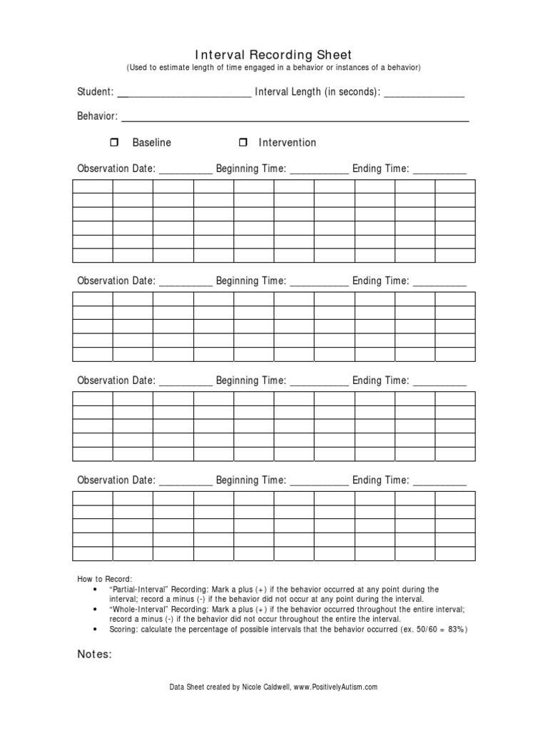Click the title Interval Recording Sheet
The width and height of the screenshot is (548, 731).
273,55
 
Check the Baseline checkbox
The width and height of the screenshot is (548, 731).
113,143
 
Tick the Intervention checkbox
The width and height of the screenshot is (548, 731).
243,143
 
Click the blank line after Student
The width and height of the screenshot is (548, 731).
183,93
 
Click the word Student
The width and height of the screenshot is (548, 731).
94,92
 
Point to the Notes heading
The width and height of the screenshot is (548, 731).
94,655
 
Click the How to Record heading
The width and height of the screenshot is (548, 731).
105,578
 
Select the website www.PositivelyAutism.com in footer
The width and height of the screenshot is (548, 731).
335,687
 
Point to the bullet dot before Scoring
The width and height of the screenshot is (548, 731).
95,630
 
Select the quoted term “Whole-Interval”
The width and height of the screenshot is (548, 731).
138,610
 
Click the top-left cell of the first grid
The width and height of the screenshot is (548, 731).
92,187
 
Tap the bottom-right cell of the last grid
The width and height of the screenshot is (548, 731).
455,554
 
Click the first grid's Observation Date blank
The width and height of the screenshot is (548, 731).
185,170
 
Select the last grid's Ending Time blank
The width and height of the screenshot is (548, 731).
440,481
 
